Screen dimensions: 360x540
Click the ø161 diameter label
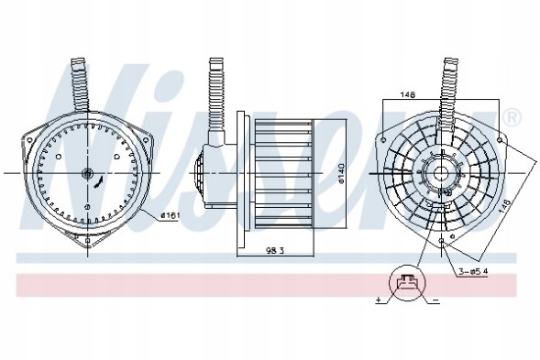pos(170,215)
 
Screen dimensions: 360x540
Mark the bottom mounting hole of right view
pos(442,243)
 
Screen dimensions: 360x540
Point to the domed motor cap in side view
pos(204,174)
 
